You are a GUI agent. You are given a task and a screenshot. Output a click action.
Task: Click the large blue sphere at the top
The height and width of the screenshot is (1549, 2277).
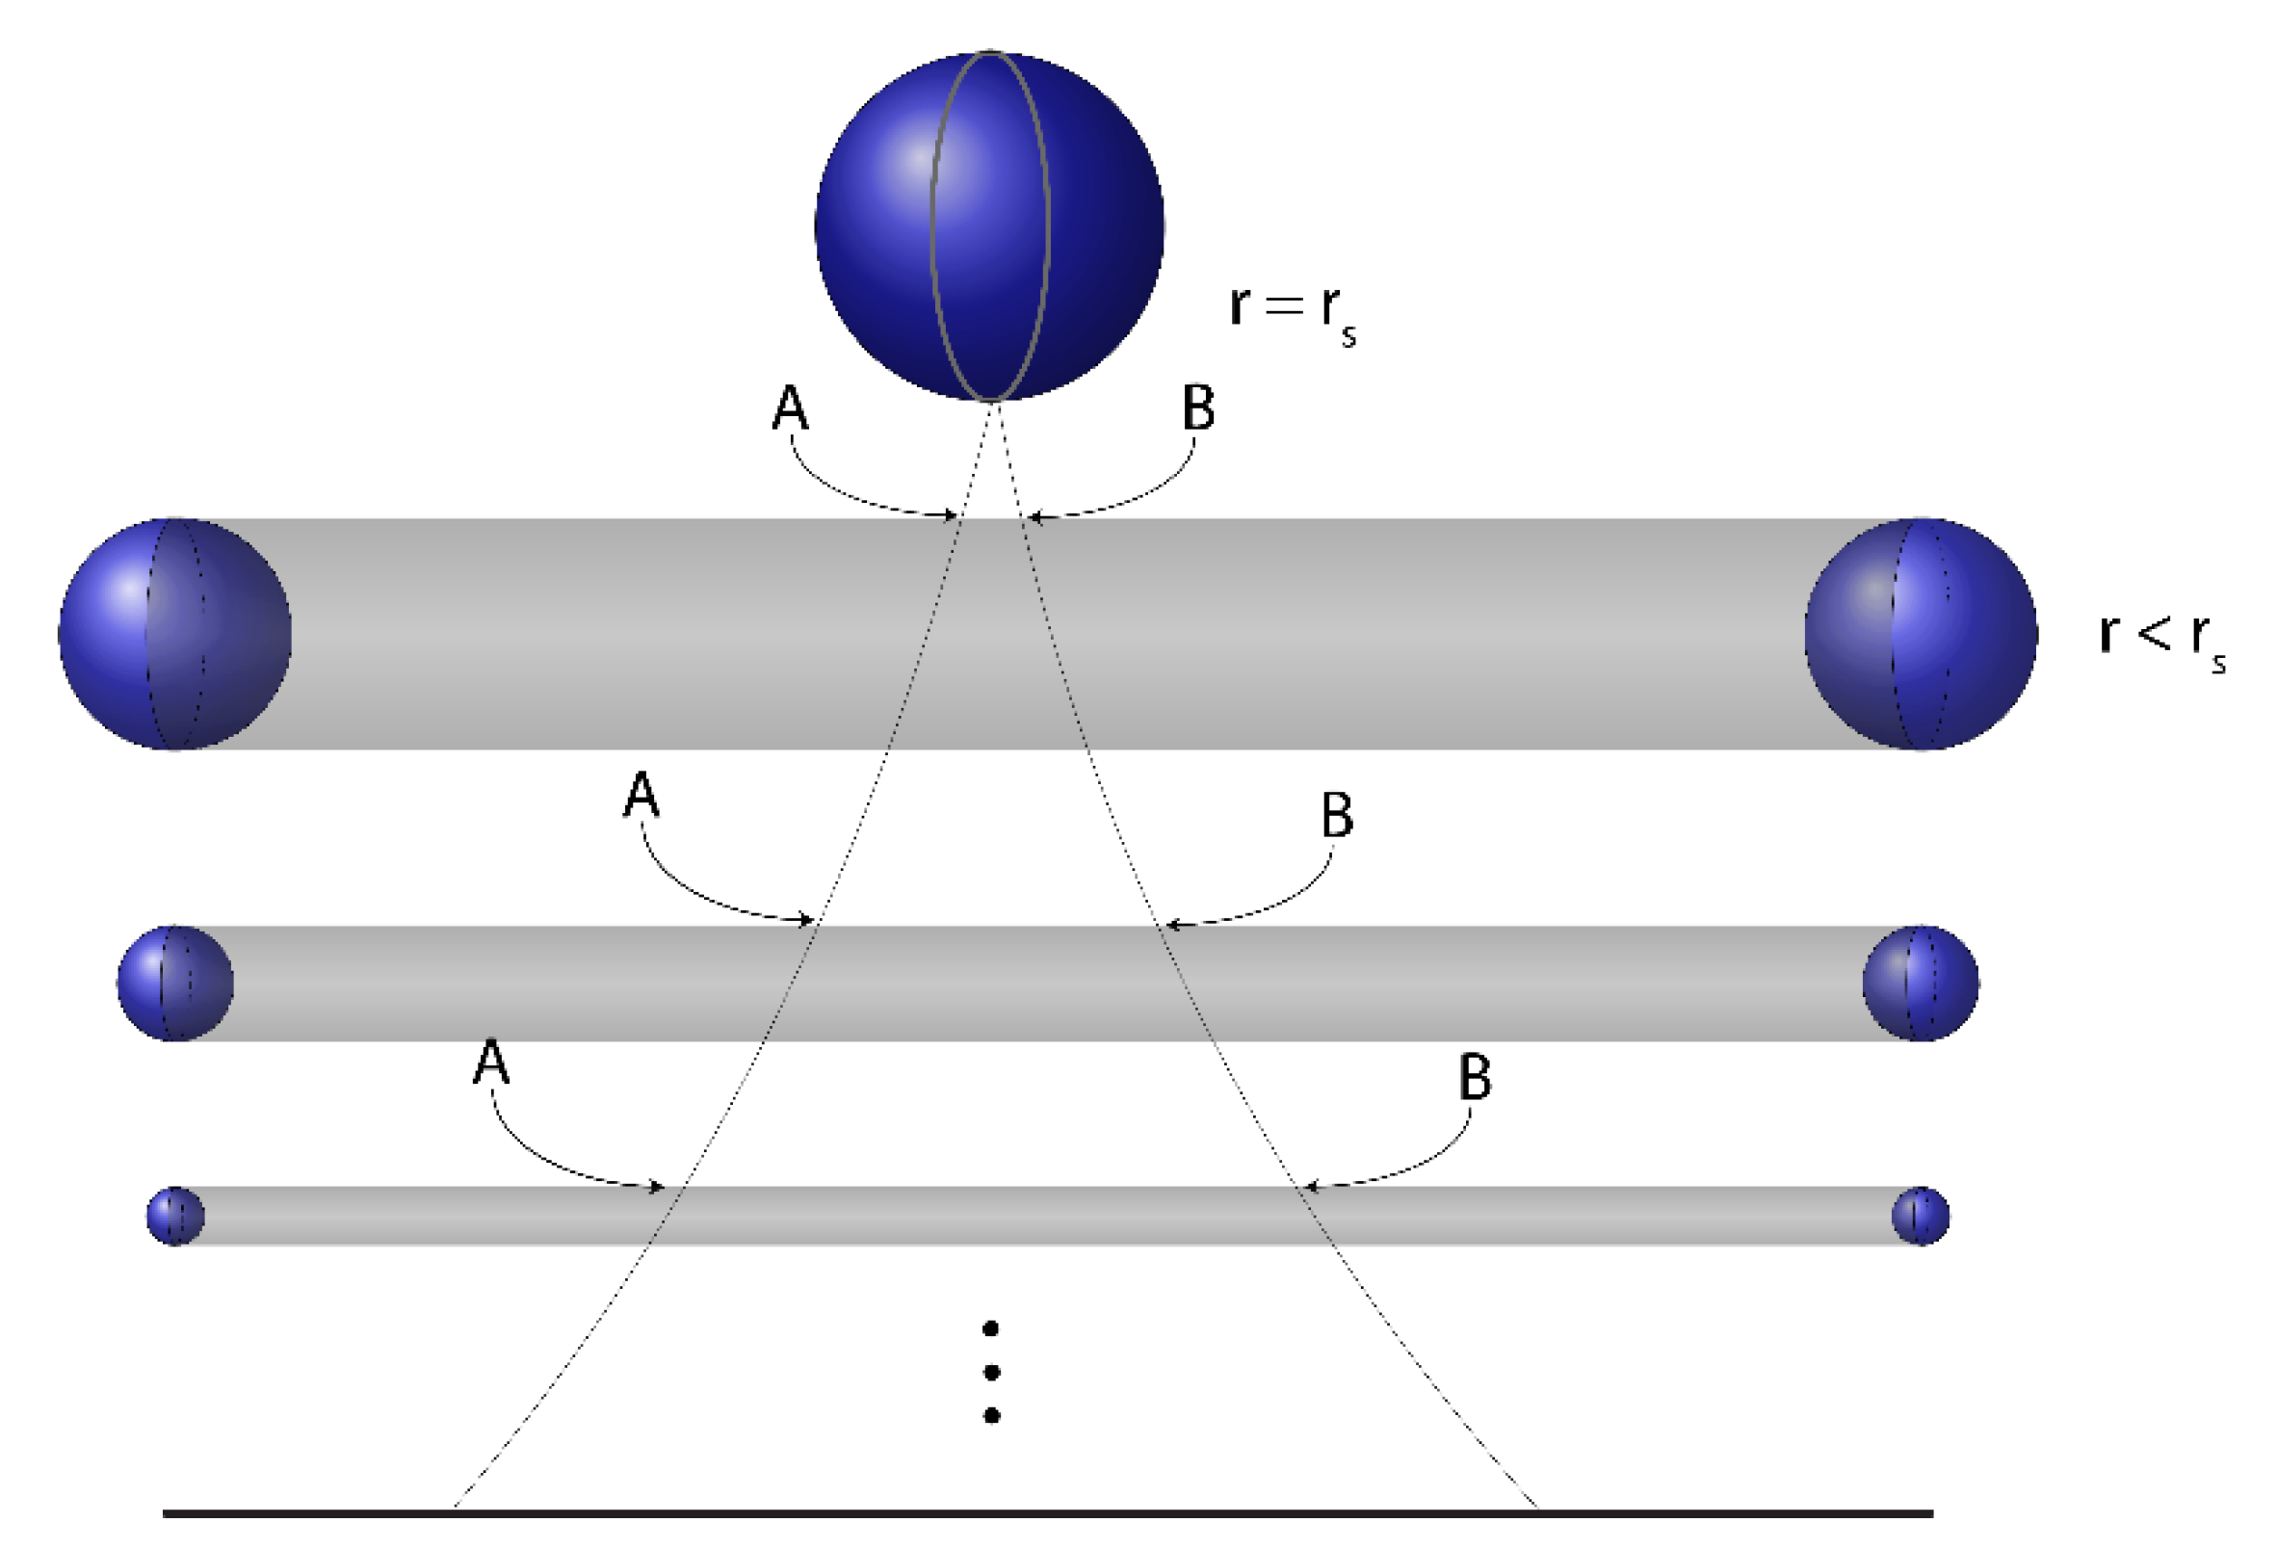point(988,225)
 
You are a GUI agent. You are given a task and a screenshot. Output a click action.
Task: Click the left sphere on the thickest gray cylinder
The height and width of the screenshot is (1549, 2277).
point(174,633)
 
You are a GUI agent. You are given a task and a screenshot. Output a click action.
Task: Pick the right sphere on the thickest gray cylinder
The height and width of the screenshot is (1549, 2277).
point(1921,633)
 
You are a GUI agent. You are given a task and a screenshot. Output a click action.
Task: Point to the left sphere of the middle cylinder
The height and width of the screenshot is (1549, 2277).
point(174,983)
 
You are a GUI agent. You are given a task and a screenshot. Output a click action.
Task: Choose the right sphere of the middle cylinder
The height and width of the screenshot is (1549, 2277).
point(1921,983)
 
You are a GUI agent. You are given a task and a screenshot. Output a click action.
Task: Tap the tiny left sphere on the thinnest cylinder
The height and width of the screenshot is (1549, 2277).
point(175,1216)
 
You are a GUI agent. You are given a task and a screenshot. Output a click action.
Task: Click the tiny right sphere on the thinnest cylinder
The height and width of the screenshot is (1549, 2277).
point(1921,1216)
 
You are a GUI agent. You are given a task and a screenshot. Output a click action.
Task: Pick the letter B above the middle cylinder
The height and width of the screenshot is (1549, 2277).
point(1336,814)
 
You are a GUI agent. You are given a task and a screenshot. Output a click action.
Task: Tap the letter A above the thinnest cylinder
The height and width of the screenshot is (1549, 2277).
point(491,1063)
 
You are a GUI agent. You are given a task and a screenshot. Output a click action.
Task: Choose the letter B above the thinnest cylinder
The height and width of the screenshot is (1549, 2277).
point(1475,1077)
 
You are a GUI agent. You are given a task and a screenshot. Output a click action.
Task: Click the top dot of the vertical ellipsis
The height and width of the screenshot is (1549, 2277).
point(990,1328)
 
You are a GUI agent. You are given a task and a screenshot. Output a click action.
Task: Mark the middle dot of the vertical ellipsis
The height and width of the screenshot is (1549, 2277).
point(990,1373)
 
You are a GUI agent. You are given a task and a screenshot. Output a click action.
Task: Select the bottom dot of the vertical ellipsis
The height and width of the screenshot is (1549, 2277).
point(990,1416)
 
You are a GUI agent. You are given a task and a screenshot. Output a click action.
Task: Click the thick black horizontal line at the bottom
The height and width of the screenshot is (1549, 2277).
point(1047,1513)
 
